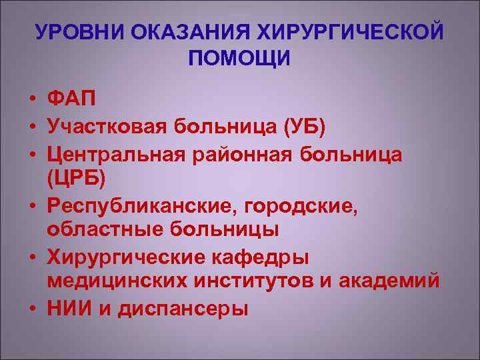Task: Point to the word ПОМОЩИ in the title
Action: [x=239, y=59]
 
